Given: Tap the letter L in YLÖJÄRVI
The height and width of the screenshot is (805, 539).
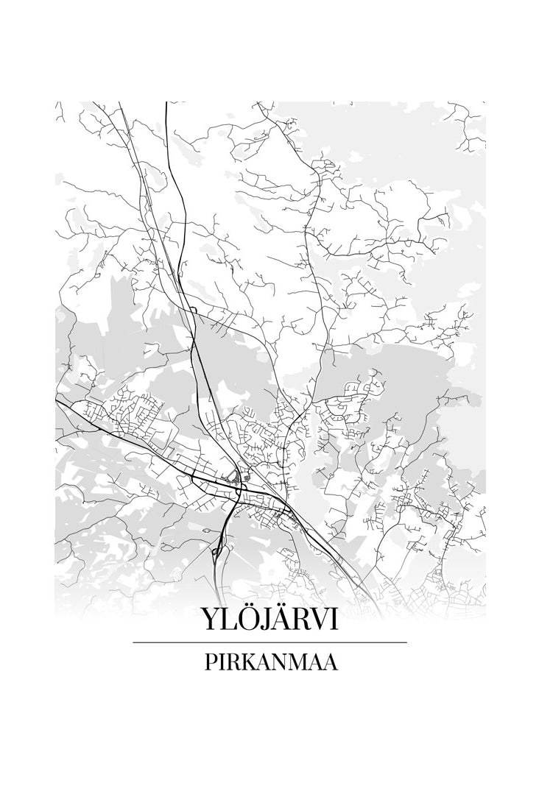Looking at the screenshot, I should pyautogui.click(x=228, y=620).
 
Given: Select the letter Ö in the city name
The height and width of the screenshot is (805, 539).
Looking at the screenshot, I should pyautogui.click(x=248, y=620).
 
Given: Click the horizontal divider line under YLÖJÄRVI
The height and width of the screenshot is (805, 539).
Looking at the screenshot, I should pyautogui.click(x=269, y=642).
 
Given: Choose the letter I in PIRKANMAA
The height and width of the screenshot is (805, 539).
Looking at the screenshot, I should pyautogui.click(x=219, y=662).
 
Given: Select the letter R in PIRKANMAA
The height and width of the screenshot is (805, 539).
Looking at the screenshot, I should pyautogui.click(x=230, y=662).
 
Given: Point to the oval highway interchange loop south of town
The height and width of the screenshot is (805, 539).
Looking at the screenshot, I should pyautogui.click(x=217, y=545).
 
